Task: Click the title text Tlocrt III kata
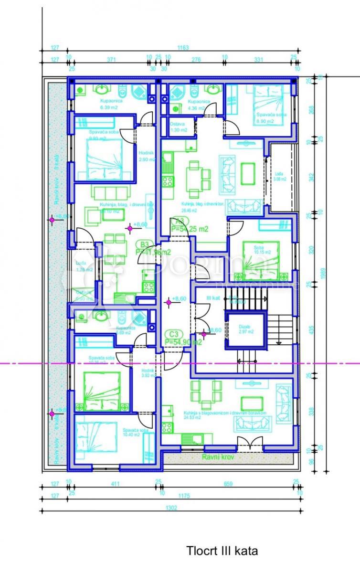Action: pos(222,551)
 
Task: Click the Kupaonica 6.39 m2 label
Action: pos(109,105)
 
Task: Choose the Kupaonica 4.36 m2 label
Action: pos(196,105)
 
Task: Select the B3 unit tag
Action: pos(144,244)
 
